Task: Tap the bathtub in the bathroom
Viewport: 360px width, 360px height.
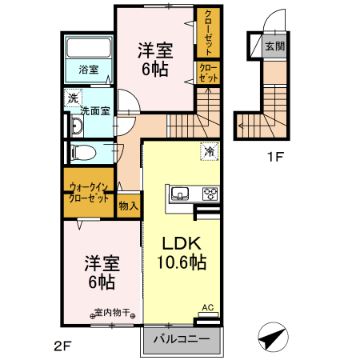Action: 88,47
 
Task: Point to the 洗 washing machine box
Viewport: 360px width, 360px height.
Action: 72,98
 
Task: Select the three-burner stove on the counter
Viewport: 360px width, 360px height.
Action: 210,193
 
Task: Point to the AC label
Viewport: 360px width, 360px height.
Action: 207,307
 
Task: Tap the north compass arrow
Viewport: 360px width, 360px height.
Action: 272,338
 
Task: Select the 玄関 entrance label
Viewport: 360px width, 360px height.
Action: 274,46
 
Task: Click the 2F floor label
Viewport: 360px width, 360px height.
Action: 63,346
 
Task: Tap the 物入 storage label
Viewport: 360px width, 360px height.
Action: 128,206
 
